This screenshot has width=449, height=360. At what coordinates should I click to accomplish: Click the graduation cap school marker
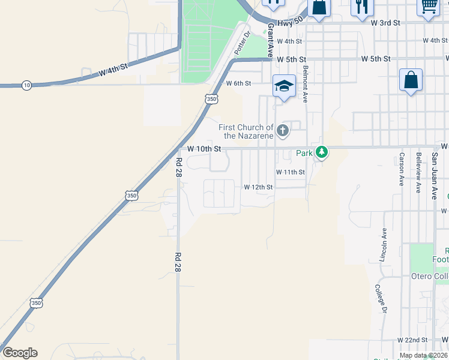coord(284,86)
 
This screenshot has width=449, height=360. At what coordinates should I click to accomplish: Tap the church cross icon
coord(283,128)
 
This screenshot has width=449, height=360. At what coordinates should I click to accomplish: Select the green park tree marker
coord(322,152)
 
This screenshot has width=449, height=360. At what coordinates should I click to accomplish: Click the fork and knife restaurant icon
coord(361,7)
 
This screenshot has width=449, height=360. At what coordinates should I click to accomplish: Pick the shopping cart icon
coord(428,6)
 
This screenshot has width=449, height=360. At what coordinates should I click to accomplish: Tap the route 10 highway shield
coord(26,85)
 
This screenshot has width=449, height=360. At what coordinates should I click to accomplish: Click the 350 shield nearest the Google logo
coord(37,303)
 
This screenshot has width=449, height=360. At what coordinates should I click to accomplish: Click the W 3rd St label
coord(385,22)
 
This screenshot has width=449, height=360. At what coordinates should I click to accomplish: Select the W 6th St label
coord(238,83)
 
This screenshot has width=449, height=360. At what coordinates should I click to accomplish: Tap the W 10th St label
coord(204,148)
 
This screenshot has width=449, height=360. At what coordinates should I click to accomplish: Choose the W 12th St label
coord(258,187)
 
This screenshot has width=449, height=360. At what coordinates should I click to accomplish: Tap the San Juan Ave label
coord(435,175)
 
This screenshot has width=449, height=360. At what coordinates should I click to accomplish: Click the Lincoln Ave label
coord(383,244)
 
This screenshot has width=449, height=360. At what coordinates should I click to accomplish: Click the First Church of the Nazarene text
coord(246,131)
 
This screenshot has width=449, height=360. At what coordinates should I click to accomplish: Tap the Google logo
coord(20,353)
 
